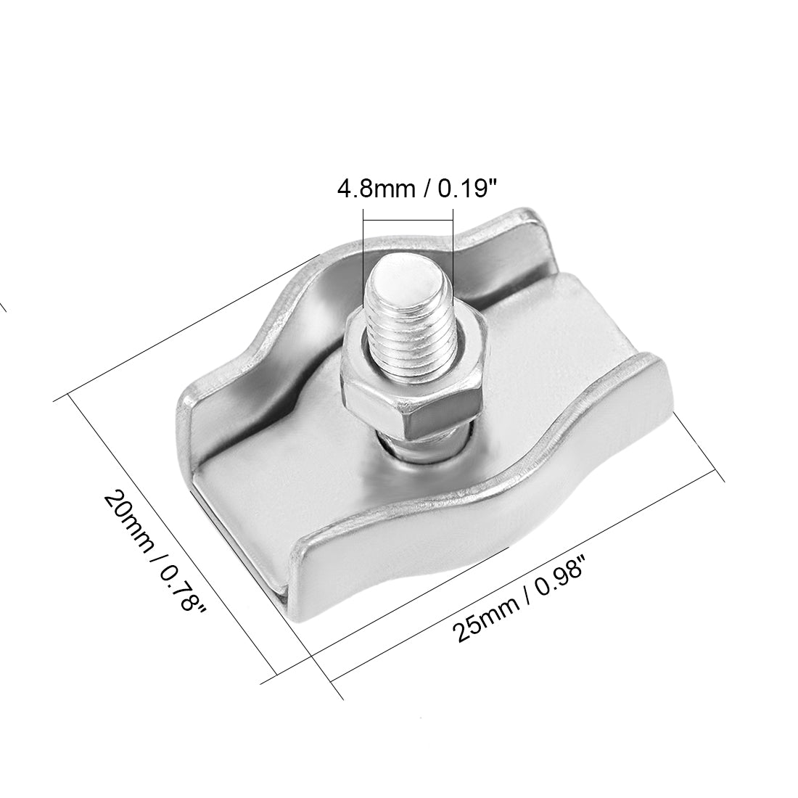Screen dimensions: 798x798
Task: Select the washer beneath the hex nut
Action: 428,446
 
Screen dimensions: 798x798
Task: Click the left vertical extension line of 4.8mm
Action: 363,247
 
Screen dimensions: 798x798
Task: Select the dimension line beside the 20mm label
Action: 174,537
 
